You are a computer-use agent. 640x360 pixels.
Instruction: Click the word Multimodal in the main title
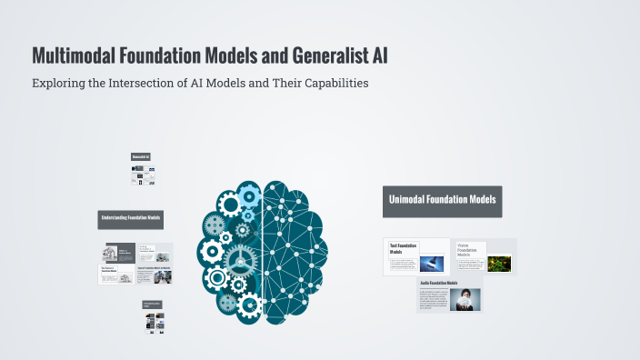tap(71, 55)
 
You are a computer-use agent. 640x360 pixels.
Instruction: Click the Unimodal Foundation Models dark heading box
tap(443, 202)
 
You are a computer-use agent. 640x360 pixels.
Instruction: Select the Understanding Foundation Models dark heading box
tap(131, 219)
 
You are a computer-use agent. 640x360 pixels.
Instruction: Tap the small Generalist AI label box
tap(141, 157)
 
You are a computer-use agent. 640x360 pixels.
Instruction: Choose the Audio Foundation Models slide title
tap(440, 284)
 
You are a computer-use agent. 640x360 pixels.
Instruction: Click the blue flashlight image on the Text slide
tap(432, 262)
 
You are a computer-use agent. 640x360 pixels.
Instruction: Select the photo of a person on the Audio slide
tap(465, 299)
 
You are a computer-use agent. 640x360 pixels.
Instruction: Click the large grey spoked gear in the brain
tap(240, 259)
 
